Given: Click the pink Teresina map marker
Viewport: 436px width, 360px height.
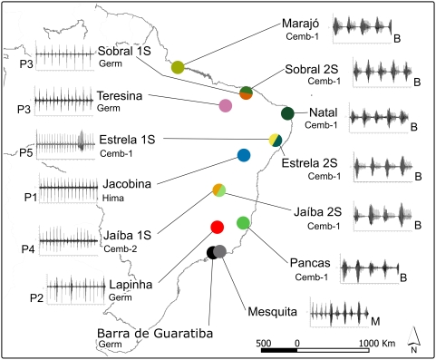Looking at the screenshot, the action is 226,105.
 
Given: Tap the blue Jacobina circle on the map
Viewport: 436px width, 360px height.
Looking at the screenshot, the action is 244,155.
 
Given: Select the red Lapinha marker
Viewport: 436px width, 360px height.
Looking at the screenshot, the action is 217,228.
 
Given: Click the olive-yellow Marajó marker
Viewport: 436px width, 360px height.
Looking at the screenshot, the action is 178,67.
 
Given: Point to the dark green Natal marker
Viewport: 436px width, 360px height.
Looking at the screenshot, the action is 287,113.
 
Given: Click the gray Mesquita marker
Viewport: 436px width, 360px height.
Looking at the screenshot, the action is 219,251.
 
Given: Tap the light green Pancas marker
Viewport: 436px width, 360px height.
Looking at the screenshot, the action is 243,223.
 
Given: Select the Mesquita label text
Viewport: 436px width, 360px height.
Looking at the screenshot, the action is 272,311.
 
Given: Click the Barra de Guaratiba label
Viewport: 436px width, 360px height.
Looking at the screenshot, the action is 155,334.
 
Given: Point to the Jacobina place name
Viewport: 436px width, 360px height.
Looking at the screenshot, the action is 127,184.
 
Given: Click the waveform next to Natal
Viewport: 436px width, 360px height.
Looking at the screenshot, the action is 380,117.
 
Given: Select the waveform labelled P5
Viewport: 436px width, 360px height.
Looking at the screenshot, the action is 65,144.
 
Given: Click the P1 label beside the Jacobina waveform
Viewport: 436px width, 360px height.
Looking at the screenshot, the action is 31,198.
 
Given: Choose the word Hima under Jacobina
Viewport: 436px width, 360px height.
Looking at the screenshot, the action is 113,199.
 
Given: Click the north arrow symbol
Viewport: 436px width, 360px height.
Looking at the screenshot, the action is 413,340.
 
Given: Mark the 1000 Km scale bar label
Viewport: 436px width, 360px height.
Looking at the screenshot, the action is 377,344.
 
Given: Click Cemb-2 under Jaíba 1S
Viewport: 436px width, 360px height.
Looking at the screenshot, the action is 120,249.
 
